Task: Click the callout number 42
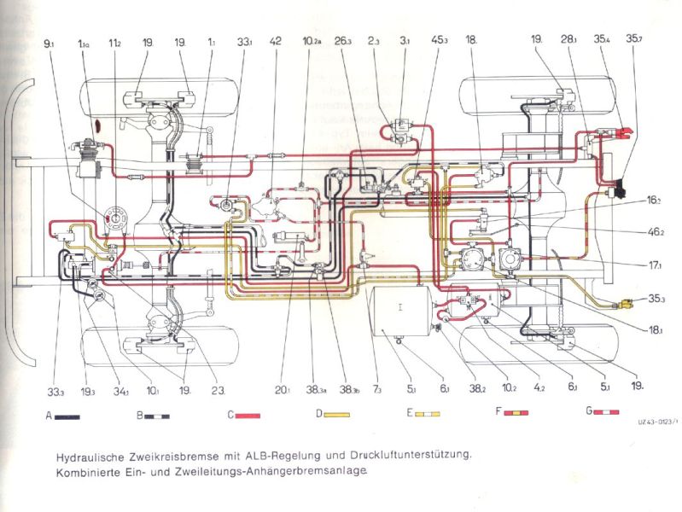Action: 275,41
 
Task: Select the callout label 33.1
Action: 245,41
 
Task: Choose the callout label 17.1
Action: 655,265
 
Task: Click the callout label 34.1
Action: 122,391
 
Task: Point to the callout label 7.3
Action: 377,391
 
